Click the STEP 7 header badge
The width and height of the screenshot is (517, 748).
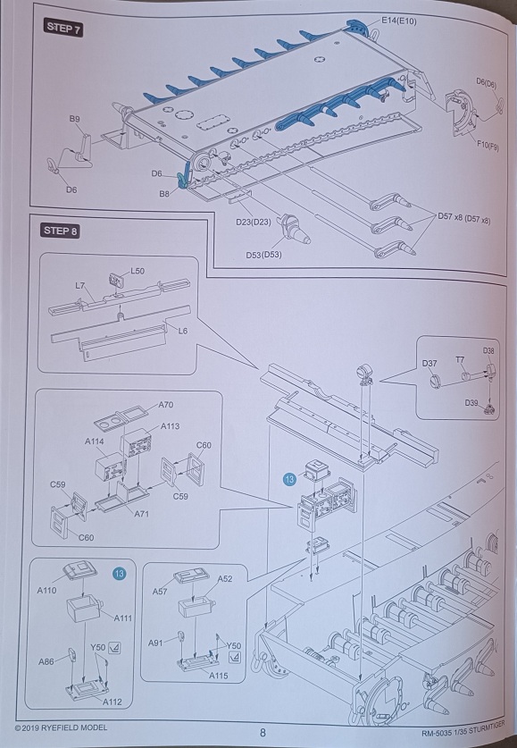click(63, 28)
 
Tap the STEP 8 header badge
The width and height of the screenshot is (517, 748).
click(60, 231)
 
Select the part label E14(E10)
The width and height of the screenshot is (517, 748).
click(399, 21)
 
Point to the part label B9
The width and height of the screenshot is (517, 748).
click(74, 119)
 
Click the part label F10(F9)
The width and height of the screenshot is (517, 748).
click(487, 145)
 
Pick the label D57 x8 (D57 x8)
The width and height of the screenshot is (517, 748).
click(463, 218)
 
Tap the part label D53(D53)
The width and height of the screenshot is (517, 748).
click(263, 255)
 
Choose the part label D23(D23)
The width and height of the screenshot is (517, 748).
click(254, 222)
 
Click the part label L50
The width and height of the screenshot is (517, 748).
click(138, 271)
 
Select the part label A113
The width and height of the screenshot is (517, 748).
click(171, 426)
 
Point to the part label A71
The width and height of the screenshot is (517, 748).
click(142, 514)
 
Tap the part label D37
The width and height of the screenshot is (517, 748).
click(429, 364)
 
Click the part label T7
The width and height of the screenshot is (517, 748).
click(460, 359)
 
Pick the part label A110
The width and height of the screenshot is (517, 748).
click(46, 591)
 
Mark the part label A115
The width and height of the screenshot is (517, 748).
click(218, 676)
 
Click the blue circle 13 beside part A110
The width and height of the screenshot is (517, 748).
click(119, 573)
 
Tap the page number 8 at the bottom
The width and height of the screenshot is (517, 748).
click(263, 733)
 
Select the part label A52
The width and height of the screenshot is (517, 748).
click(225, 579)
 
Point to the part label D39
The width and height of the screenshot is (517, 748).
click(471, 403)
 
